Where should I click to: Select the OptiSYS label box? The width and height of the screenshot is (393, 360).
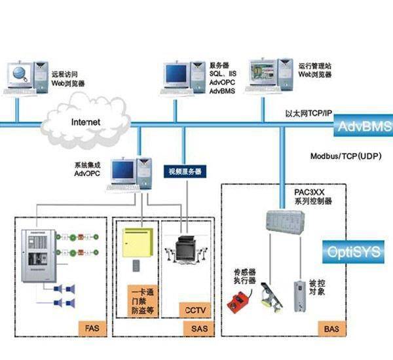coord(360,251)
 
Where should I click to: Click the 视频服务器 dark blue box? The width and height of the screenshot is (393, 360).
coord(183,171)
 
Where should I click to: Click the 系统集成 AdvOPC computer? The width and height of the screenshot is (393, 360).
coord(131,173)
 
